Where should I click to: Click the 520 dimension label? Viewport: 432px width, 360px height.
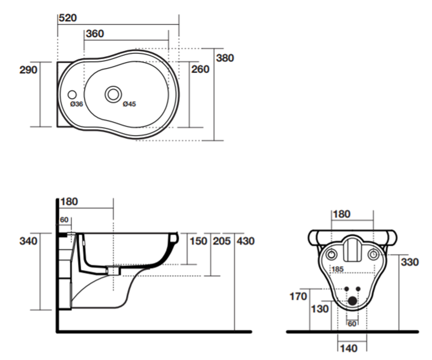tap(68, 18)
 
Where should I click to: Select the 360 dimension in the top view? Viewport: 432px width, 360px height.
tap(95, 34)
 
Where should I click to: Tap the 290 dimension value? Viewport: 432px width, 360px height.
tap(28, 70)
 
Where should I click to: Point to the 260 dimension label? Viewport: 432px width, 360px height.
tap(200, 69)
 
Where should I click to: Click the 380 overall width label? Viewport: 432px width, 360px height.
tap(225, 58)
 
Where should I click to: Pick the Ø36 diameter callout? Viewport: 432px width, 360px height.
tap(77, 104)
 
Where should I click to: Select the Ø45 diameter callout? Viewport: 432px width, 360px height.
tap(129, 104)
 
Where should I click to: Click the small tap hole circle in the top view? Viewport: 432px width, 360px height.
tap(72, 95)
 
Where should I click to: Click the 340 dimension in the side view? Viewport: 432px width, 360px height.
tap(28, 241)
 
